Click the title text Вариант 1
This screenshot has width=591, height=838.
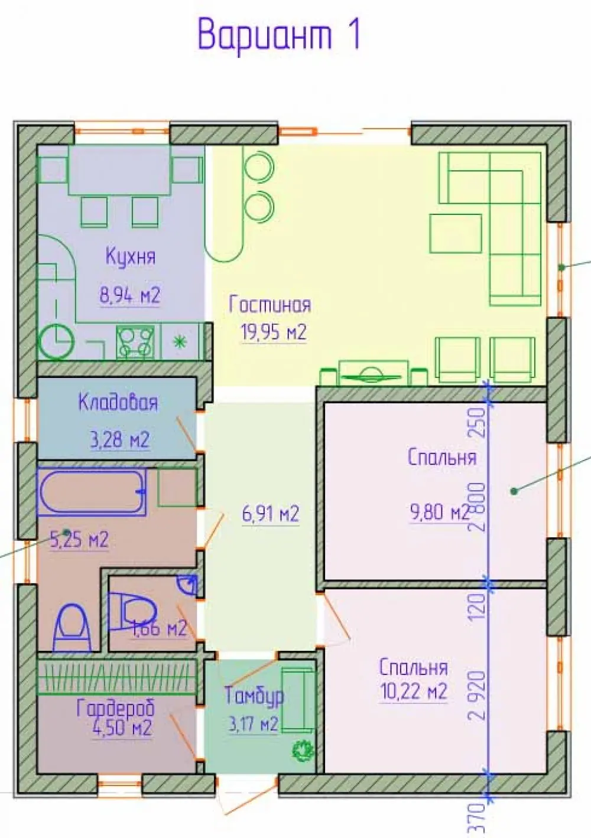click(x=279, y=37)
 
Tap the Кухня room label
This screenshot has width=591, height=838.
click(x=131, y=257)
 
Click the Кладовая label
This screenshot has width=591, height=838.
click(x=118, y=403)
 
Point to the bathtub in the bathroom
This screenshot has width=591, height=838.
click(x=92, y=492)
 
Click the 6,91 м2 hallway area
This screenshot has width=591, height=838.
click(x=271, y=514)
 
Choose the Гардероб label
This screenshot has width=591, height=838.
click(x=116, y=707)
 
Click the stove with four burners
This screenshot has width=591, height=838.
click(x=135, y=341)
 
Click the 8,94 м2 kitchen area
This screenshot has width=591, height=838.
click(x=130, y=295)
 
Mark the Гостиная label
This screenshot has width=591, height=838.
click(x=270, y=305)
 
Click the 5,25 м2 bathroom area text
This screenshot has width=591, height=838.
click(x=79, y=540)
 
